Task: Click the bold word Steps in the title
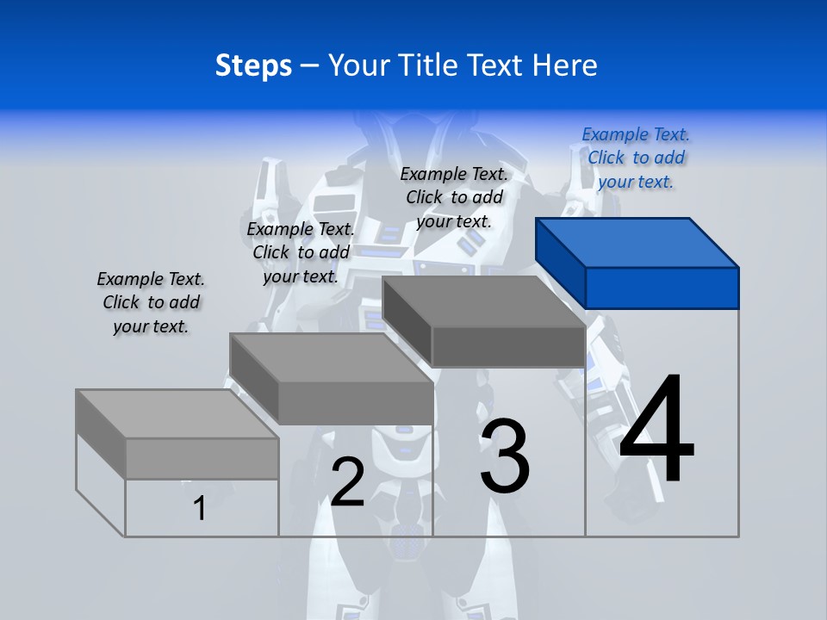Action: coord(253,65)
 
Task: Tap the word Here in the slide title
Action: coord(566,65)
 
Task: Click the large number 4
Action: coord(656,430)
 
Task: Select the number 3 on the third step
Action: coord(505,456)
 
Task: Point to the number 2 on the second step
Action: coord(348,482)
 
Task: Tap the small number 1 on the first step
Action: coord(200,508)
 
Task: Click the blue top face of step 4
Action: coord(637,242)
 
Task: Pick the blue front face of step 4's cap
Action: coord(662,288)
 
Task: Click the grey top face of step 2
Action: coord(332,357)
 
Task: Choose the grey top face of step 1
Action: coord(177,413)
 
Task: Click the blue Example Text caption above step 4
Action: coord(636,158)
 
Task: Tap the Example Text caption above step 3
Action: coord(454,197)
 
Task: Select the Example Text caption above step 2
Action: coord(301,252)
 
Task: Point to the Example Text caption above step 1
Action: coord(151,302)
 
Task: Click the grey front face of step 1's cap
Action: coord(202,458)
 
